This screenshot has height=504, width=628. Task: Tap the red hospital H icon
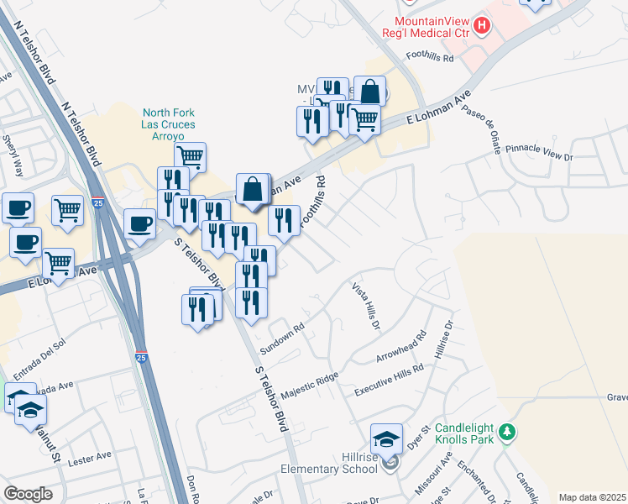point(481,27)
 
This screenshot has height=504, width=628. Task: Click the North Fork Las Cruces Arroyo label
point(169,125)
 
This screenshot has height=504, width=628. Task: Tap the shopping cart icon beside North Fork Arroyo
point(191,155)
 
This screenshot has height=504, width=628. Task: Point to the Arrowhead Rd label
point(402,345)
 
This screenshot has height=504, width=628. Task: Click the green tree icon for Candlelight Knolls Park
point(506,433)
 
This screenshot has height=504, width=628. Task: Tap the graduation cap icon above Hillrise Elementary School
point(386,438)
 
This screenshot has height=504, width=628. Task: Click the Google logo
point(28,494)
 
